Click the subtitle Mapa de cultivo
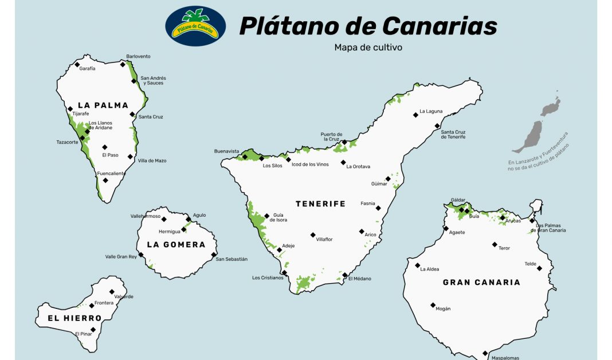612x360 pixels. [368, 48]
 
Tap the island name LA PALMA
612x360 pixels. [103, 105]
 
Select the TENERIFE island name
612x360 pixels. [320, 204]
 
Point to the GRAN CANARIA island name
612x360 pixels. [481, 282]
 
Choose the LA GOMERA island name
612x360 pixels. [176, 244]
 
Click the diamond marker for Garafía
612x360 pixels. [77, 64]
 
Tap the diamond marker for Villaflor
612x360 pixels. [313, 234]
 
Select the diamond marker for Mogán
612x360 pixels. [433, 305]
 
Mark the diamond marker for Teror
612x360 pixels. [495, 244]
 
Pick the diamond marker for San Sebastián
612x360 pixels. [214, 255]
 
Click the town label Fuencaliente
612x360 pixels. [111, 173]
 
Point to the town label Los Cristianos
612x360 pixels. [268, 278]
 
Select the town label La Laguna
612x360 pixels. [431, 111]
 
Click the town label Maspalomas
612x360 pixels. [505, 358]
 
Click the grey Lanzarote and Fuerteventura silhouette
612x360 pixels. [539, 126]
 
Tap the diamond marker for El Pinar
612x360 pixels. [93, 330]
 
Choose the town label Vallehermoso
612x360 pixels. [146, 216]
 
